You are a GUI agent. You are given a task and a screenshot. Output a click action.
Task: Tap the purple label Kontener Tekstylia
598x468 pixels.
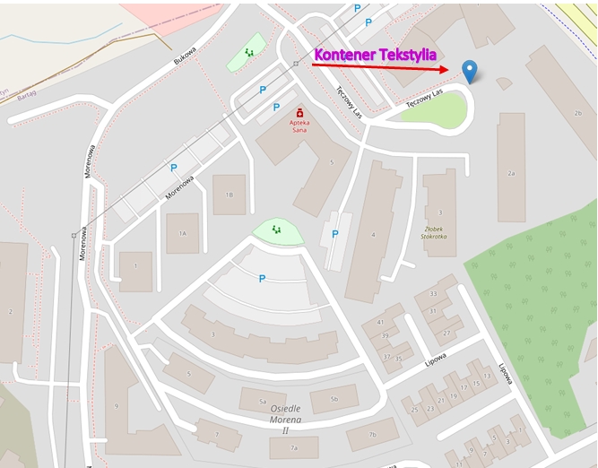pos(375,55)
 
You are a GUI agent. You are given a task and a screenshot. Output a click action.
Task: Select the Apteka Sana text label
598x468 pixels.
pos(299,126)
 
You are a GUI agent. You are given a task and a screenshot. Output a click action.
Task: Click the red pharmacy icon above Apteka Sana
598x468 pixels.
pos(299,112)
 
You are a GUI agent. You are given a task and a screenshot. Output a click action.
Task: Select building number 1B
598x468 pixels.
pos(229,195)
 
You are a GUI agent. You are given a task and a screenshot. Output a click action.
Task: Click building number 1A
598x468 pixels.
pos(182,233)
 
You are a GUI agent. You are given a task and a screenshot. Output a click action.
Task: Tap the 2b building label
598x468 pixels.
pos(578,113)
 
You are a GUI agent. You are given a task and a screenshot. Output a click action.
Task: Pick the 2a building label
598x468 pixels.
pos(511,173)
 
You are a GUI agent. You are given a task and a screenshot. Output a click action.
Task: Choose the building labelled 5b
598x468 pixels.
pos(334,399)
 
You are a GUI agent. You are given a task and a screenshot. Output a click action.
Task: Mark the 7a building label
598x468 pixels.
pos(293,446)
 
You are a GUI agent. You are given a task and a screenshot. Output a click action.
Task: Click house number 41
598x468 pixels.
pos(380,322)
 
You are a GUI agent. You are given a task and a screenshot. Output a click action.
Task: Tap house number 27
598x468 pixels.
pos(446,333)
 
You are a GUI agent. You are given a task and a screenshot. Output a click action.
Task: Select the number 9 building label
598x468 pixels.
pos(117,406)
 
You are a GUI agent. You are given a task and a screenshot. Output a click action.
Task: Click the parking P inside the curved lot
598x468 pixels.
pos(262,279)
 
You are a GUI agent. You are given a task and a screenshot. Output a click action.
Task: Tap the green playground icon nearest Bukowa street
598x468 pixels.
pos(249,53)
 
